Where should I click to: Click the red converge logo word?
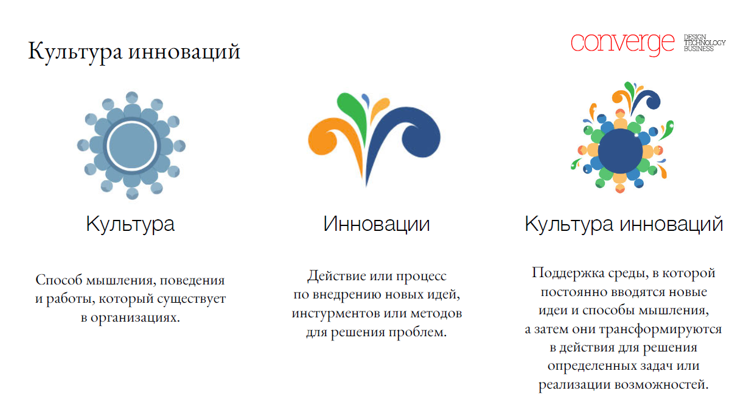[623, 44]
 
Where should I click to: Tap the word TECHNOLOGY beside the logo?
[705, 43]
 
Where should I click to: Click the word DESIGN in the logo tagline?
[695, 37]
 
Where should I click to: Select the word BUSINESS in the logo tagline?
[699, 49]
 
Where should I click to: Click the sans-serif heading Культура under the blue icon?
[130, 224]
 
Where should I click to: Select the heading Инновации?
[377, 224]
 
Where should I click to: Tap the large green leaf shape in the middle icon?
[352, 113]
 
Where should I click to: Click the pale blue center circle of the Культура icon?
[132, 146]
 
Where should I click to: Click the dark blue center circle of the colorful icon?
[620, 151]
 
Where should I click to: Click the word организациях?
[135, 318]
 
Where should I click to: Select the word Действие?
[337, 276]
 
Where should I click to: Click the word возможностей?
[661, 384]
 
